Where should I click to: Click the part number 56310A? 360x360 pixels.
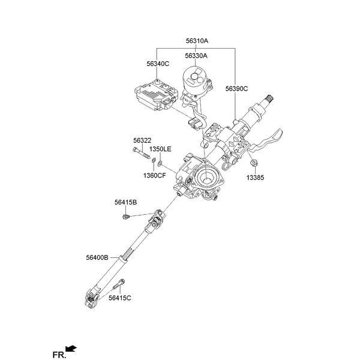(196, 41)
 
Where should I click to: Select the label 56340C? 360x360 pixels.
(158, 63)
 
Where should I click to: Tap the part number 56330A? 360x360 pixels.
(196, 55)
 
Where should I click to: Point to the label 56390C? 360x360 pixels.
(237, 88)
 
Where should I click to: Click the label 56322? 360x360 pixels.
(142, 140)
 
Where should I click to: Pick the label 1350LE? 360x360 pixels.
(160, 148)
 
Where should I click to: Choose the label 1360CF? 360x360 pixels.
(154, 175)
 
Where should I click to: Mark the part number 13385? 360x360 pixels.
(255, 178)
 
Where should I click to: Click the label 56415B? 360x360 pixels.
(126, 202)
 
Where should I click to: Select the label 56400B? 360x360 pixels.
(97, 257)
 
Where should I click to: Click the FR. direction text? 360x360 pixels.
(59, 355)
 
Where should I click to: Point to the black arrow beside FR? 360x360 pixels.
(72, 348)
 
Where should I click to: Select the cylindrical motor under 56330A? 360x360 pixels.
(195, 82)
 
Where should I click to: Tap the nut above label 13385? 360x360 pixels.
(254, 163)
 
